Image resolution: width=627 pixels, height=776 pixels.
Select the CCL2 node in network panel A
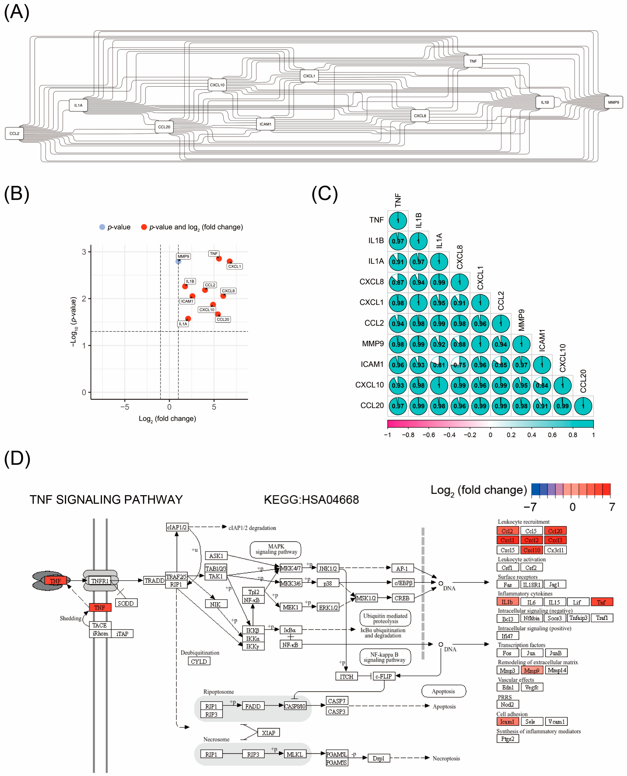point(14,133)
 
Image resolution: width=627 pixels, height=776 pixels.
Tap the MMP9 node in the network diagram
point(613,102)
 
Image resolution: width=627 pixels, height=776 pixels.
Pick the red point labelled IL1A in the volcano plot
point(188,319)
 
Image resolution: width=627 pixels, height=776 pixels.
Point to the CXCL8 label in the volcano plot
point(228,291)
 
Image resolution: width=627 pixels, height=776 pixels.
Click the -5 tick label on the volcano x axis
point(125,407)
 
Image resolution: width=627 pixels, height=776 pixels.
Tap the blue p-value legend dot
point(102,227)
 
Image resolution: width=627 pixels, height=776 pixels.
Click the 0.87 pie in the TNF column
point(398,282)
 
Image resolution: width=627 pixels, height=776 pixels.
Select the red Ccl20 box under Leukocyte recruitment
point(555,531)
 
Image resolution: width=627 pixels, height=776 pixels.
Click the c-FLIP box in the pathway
point(383,676)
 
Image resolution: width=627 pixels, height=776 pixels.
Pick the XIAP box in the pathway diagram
point(268,733)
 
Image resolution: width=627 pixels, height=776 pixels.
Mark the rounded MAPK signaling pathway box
point(276,549)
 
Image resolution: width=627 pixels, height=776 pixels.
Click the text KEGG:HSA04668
point(311,500)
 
